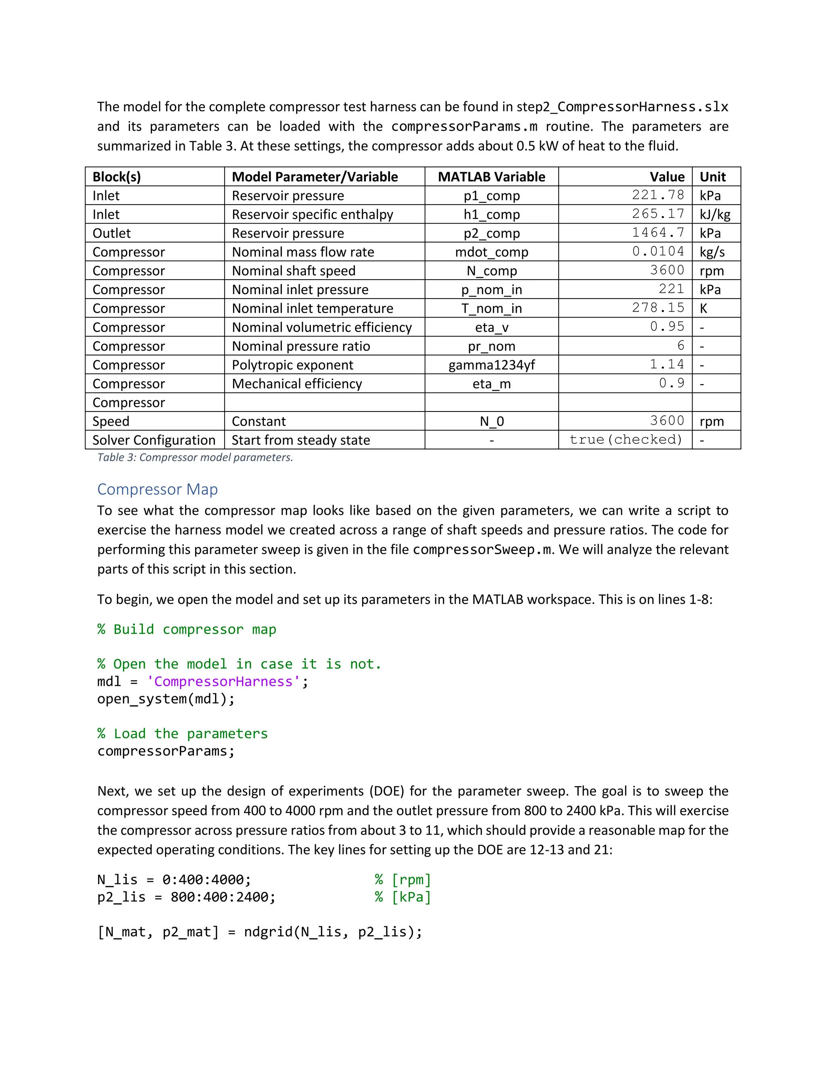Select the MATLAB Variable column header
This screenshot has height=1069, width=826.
tap(491, 177)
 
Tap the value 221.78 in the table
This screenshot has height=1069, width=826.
tap(658, 195)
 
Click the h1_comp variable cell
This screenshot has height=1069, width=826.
tap(491, 214)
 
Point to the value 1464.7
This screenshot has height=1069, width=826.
tap(658, 233)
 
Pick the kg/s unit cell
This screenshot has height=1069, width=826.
tap(712, 252)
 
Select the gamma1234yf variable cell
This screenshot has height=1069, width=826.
tap(491, 365)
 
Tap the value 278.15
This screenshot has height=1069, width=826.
tap(658, 308)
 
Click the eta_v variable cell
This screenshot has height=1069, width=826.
tap(491, 328)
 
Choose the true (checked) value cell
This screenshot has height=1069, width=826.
tap(626, 440)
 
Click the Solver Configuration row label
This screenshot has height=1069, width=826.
tap(154, 440)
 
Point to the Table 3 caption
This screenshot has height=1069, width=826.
tap(195, 457)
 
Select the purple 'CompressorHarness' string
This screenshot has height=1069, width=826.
tap(223, 681)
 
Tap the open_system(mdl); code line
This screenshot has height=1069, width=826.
tap(166, 699)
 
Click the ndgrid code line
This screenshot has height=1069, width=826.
tap(259, 932)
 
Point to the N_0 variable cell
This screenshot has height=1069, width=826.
tap(491, 422)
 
